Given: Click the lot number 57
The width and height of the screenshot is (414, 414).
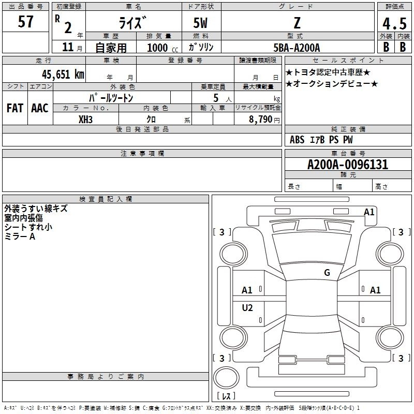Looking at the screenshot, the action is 25,22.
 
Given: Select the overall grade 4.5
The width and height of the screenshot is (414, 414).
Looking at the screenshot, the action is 394,24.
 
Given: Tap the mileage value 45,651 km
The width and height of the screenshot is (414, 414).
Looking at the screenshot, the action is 63,75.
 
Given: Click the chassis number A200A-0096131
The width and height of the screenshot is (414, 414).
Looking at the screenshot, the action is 348,165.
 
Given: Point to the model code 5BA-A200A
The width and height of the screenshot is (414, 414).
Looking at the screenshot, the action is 297,48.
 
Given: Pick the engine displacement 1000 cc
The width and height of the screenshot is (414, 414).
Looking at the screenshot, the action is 162,48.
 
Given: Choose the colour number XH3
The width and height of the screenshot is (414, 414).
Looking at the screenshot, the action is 85,120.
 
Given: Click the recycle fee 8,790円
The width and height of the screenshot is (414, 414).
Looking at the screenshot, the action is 264,120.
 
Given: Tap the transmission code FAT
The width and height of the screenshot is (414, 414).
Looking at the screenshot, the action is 15,108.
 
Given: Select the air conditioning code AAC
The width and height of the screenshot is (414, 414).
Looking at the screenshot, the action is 40,108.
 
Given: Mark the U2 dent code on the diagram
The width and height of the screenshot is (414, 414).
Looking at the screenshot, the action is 247,307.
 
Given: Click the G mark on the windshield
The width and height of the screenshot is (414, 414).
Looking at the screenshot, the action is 327,272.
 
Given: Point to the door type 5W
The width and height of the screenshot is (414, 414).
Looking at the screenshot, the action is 200,23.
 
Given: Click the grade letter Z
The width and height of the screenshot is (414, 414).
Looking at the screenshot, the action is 297,23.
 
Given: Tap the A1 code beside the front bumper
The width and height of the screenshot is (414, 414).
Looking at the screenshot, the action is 369,212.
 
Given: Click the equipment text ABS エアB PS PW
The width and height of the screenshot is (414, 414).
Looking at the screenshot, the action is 321,140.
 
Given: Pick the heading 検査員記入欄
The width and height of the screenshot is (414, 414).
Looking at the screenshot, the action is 106,199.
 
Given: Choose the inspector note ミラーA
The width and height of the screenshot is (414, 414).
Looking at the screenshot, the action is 20,236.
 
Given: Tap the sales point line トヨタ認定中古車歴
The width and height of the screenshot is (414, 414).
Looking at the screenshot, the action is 328,72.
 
